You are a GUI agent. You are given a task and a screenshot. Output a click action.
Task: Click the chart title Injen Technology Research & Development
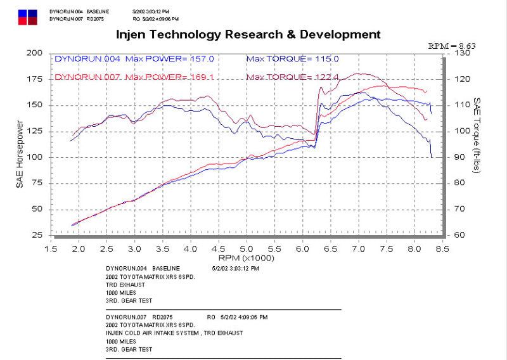[x=248, y=34]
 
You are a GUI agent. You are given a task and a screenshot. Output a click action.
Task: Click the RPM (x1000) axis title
[x=247, y=258]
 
